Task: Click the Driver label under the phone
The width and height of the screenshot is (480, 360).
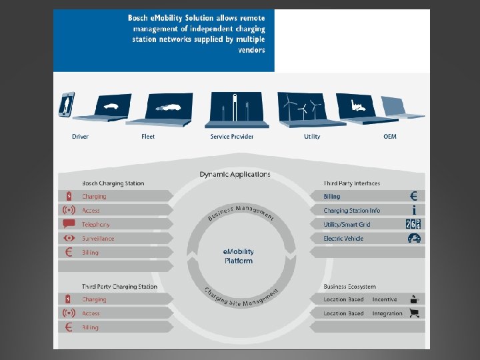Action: (80, 137)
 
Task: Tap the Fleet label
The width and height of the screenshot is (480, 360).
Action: (148, 137)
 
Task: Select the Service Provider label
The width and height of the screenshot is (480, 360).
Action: (232, 137)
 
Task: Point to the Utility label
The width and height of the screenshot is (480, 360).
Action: (312, 137)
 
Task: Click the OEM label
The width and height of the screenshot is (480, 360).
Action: (390, 137)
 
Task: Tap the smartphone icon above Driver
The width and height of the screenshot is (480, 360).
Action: (67, 105)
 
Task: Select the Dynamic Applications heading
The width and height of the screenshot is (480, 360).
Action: (235, 175)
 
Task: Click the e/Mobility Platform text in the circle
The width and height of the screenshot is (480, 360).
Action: (239, 257)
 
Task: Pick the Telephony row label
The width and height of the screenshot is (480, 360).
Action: (96, 225)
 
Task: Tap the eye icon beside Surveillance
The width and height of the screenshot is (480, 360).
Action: (69, 238)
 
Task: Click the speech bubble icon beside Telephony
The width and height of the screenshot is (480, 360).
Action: (69, 224)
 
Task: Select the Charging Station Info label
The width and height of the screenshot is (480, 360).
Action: (352, 211)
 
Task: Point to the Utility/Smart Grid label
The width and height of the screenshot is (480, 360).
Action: (347, 225)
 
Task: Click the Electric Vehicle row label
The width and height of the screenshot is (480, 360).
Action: (343, 239)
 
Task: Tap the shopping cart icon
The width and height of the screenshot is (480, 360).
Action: (415, 313)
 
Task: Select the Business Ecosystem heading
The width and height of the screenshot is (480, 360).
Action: (349, 287)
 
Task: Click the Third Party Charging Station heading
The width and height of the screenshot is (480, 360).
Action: (119, 287)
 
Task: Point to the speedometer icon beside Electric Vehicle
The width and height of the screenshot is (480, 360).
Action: (414, 238)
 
